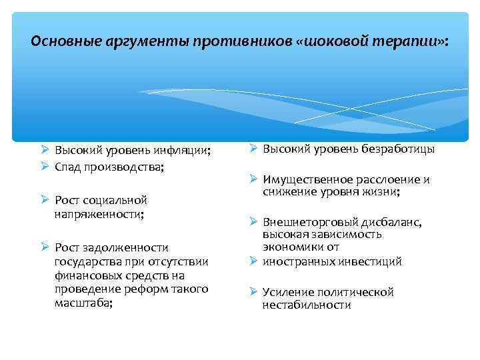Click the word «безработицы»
click(398, 149)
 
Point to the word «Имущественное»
click(303, 180)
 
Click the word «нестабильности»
click(306, 305)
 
